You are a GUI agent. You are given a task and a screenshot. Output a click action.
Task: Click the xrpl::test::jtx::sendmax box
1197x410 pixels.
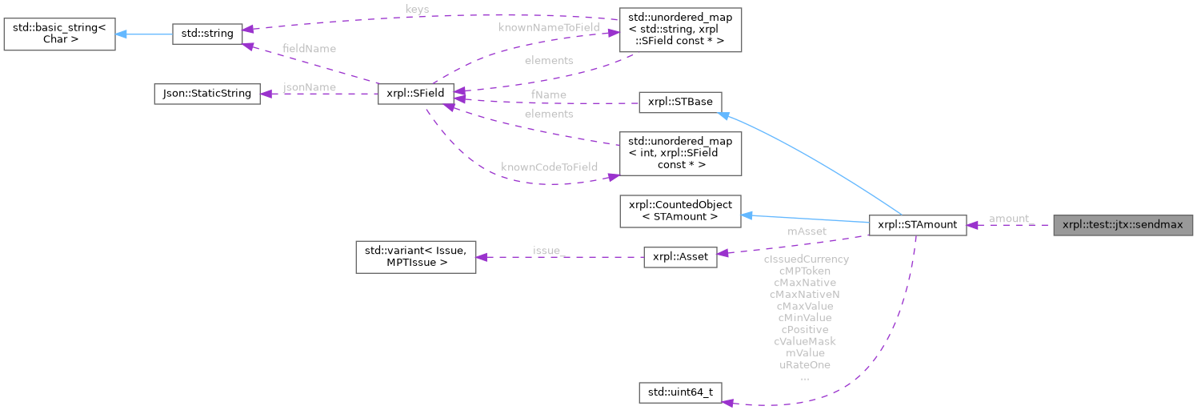(x=1123, y=225)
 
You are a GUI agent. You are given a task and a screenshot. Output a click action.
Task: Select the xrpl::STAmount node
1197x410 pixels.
(x=917, y=225)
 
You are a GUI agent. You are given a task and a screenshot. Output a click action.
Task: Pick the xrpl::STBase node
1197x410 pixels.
(x=680, y=102)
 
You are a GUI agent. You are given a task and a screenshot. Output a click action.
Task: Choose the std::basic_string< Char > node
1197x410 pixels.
(x=59, y=34)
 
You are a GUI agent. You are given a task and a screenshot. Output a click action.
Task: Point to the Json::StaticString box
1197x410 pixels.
(x=206, y=94)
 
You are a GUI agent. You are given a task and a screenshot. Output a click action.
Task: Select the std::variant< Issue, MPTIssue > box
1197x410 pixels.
(x=415, y=257)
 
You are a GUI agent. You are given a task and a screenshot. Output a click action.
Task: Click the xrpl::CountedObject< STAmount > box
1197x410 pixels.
(x=681, y=210)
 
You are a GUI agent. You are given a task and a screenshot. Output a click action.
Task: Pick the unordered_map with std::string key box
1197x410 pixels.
(x=680, y=30)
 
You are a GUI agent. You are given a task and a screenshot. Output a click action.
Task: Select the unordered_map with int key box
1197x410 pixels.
(x=680, y=153)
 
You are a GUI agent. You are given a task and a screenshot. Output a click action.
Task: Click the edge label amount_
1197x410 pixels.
(x=1009, y=219)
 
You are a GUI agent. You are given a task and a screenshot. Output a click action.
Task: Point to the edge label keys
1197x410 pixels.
(x=417, y=10)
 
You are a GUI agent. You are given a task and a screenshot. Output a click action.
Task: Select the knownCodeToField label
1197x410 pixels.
(x=549, y=167)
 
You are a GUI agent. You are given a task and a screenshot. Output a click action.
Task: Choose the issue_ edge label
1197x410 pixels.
(x=549, y=251)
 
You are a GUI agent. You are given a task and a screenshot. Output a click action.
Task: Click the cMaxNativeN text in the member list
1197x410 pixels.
(x=805, y=294)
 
